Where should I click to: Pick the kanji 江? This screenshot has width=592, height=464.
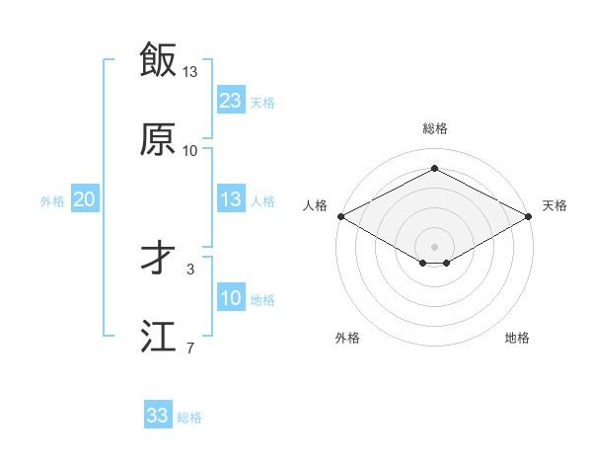point(157,336)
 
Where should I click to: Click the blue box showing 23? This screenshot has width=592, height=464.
point(230,100)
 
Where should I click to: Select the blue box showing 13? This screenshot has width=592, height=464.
point(230,199)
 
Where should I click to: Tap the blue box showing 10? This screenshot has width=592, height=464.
point(230,298)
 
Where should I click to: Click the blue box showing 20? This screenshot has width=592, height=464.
point(84,199)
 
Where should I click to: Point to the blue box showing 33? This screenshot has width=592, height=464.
point(157,416)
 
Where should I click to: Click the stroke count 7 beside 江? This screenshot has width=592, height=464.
point(189,348)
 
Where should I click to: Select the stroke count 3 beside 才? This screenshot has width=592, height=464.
point(189,268)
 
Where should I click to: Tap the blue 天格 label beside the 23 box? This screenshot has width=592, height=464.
point(262,102)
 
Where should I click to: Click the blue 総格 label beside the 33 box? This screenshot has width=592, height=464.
point(189,418)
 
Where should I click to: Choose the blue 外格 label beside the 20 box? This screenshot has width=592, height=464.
point(52,201)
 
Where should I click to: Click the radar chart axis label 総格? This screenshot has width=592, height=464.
point(434,129)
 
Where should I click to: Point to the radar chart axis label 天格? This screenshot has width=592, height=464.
point(555,205)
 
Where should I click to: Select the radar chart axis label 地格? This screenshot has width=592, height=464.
point(517,339)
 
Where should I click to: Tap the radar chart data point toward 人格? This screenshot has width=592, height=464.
point(340,215)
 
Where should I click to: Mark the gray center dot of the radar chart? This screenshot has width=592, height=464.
point(434,246)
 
